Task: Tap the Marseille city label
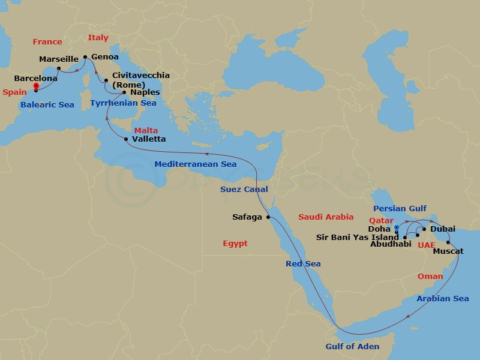(x=59, y=59)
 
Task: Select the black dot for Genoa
(x=85, y=57)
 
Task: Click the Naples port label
(x=145, y=92)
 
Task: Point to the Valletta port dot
(x=125, y=139)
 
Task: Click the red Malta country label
(x=146, y=130)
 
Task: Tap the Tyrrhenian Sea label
(x=123, y=103)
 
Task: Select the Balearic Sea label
(x=47, y=105)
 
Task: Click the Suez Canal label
(x=244, y=190)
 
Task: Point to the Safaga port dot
(x=268, y=217)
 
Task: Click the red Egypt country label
(x=235, y=244)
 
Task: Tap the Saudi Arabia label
(x=326, y=217)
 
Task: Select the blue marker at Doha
(x=397, y=228)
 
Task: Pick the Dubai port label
(x=443, y=229)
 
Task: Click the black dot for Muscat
(x=449, y=243)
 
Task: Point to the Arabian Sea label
(x=443, y=299)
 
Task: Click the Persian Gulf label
(x=400, y=209)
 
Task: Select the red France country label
(x=47, y=42)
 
